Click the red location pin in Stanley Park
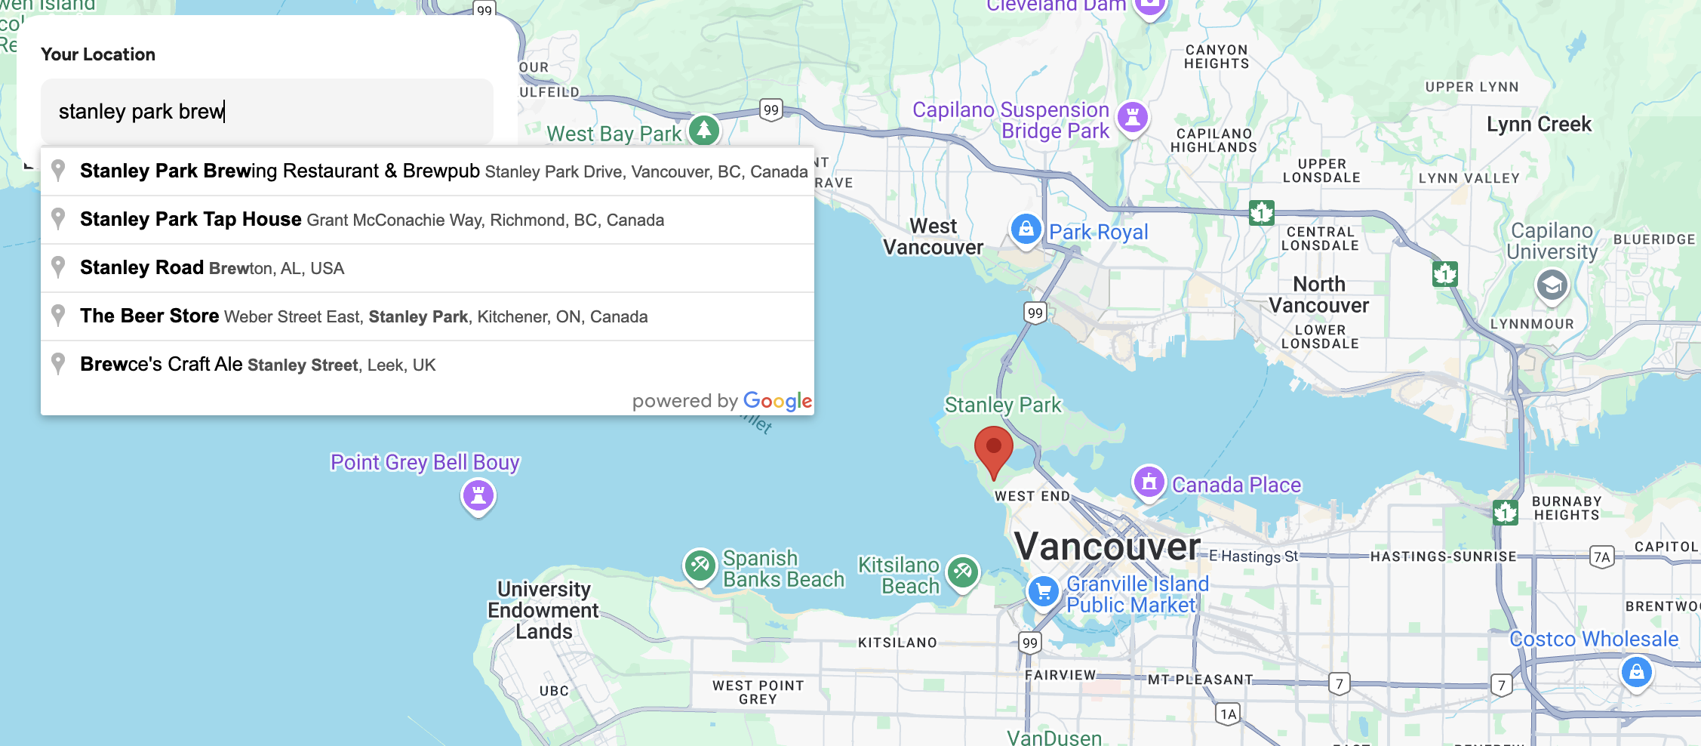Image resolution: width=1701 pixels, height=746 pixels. pyautogui.click(x=993, y=449)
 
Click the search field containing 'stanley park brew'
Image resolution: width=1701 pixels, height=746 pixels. pyautogui.click(x=266, y=112)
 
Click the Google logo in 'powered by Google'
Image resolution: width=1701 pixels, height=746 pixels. pyautogui.click(x=777, y=401)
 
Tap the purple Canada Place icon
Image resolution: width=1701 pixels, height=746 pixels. pyautogui.click(x=1149, y=482)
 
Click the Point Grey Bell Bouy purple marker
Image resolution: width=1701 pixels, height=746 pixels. pyautogui.click(x=478, y=496)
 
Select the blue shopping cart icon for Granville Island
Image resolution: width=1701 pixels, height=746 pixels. pyautogui.click(x=1044, y=592)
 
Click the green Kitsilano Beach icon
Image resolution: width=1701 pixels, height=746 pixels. pyautogui.click(x=962, y=572)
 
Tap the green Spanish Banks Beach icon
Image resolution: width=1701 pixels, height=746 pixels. pyautogui.click(x=700, y=565)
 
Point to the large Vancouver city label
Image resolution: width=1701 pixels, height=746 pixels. pyautogui.click(x=1106, y=547)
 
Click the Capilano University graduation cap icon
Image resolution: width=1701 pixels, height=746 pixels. pyautogui.click(x=1552, y=285)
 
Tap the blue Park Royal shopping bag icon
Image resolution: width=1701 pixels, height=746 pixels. pyautogui.click(x=1026, y=228)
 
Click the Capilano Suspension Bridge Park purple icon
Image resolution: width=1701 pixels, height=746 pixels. pyautogui.click(x=1132, y=117)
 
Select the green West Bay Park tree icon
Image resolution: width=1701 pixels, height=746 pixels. pyautogui.click(x=703, y=130)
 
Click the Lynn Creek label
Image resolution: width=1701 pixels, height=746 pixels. pyautogui.click(x=1538, y=125)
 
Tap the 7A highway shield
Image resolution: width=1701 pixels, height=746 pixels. pyautogui.click(x=1601, y=557)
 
